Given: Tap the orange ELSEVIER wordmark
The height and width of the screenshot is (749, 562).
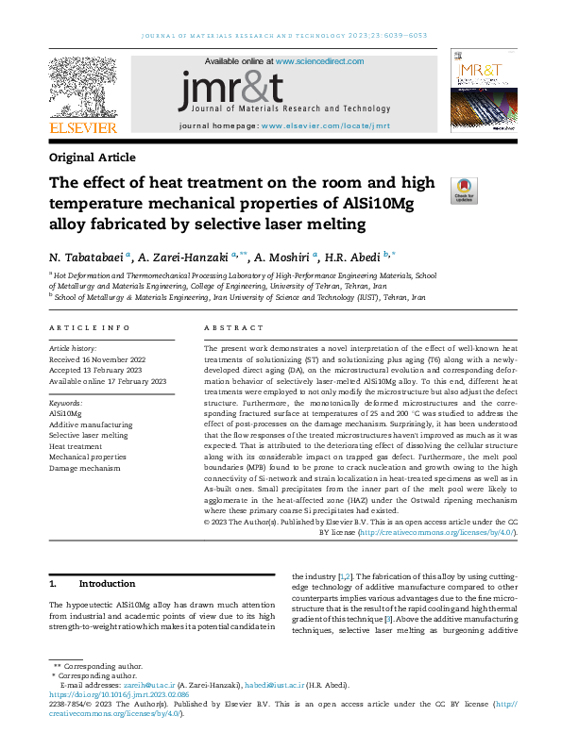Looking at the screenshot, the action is click(x=83, y=127).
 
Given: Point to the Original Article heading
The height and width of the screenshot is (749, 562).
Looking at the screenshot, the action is click(x=93, y=158).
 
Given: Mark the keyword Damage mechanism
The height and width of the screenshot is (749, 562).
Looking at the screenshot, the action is click(x=85, y=468).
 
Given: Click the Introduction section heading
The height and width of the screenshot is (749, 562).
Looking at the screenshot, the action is click(x=108, y=584).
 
